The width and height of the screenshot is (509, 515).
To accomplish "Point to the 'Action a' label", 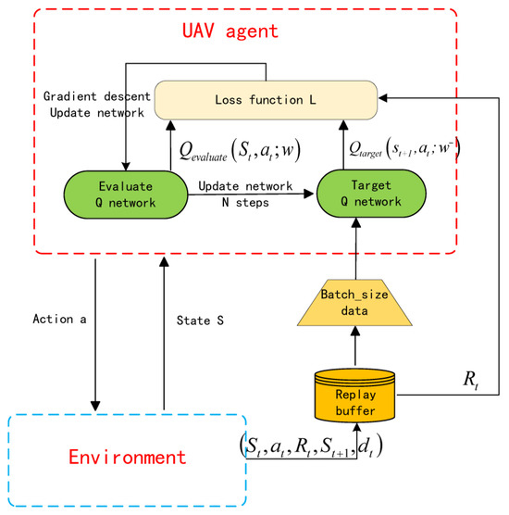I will pyautogui.click(x=58, y=320).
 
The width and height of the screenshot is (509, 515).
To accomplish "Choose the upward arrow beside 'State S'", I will pyautogui.click(x=163, y=333).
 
